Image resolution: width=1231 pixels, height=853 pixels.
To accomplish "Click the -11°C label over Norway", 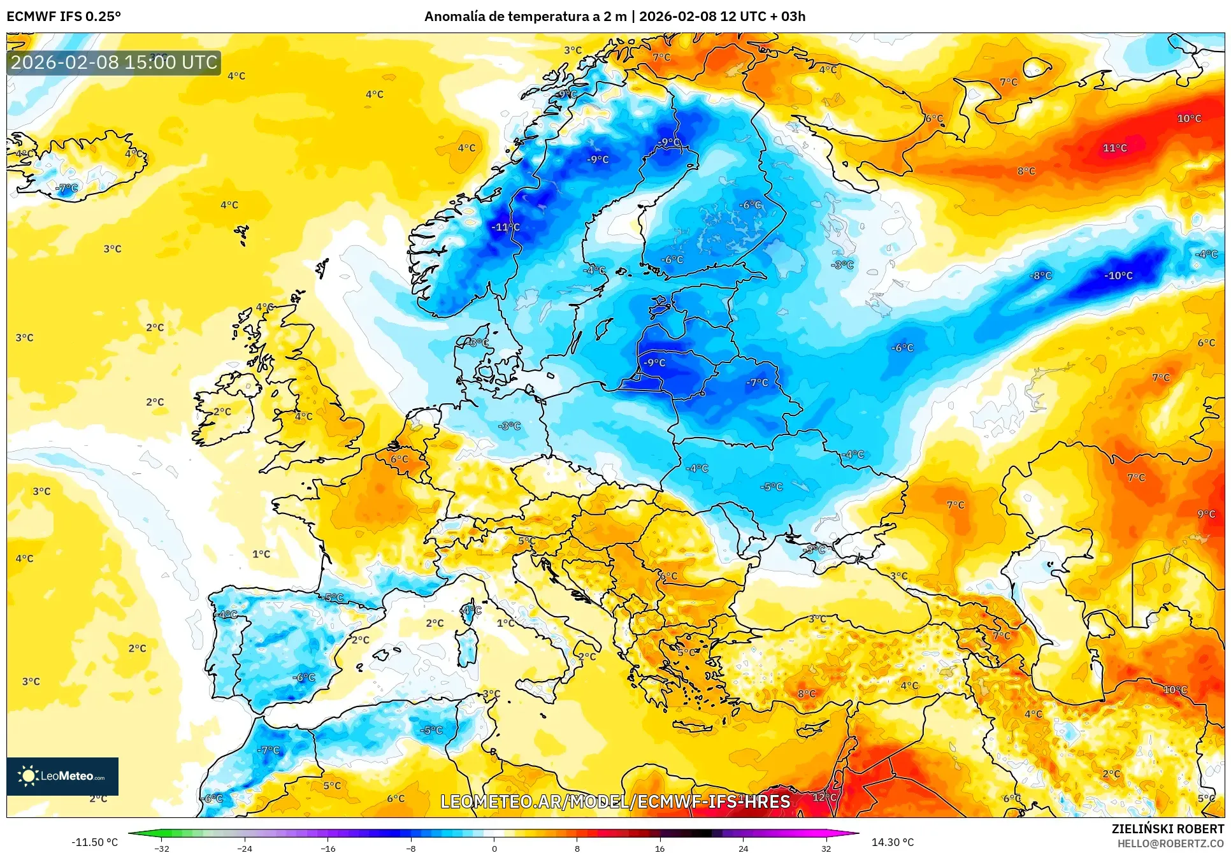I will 506,227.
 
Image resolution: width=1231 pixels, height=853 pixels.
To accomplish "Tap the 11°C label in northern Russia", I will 1115,148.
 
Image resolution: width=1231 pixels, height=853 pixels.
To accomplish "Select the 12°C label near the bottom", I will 824,798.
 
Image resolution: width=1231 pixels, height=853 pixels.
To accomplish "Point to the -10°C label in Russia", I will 1118,276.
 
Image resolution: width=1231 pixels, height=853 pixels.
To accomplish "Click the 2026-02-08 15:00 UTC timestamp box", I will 114,62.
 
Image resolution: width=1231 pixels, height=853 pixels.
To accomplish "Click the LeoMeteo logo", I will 62,776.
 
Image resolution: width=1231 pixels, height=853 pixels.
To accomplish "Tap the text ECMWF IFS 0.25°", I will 64,17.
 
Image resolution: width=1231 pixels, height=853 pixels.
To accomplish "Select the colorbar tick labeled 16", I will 659,848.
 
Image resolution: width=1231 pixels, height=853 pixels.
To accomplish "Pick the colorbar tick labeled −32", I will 162,848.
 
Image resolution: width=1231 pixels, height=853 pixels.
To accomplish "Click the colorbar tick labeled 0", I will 494,848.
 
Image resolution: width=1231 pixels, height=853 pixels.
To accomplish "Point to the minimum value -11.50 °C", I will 94,842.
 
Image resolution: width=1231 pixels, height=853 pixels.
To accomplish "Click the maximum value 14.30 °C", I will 892,842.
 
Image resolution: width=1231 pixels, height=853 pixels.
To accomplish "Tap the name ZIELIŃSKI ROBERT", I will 1167,829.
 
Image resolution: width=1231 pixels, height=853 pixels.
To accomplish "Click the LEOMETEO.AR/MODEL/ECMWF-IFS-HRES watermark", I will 615,801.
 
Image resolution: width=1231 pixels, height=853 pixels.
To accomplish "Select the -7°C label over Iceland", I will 67,188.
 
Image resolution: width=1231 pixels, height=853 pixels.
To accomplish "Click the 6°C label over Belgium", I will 400,459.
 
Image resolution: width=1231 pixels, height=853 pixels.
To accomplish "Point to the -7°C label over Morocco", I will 268,750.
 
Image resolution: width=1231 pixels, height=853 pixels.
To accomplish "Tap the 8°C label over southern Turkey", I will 807,694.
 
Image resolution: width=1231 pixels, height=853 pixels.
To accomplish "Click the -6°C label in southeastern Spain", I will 304,678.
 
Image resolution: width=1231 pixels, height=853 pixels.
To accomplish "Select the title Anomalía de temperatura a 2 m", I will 526,17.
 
